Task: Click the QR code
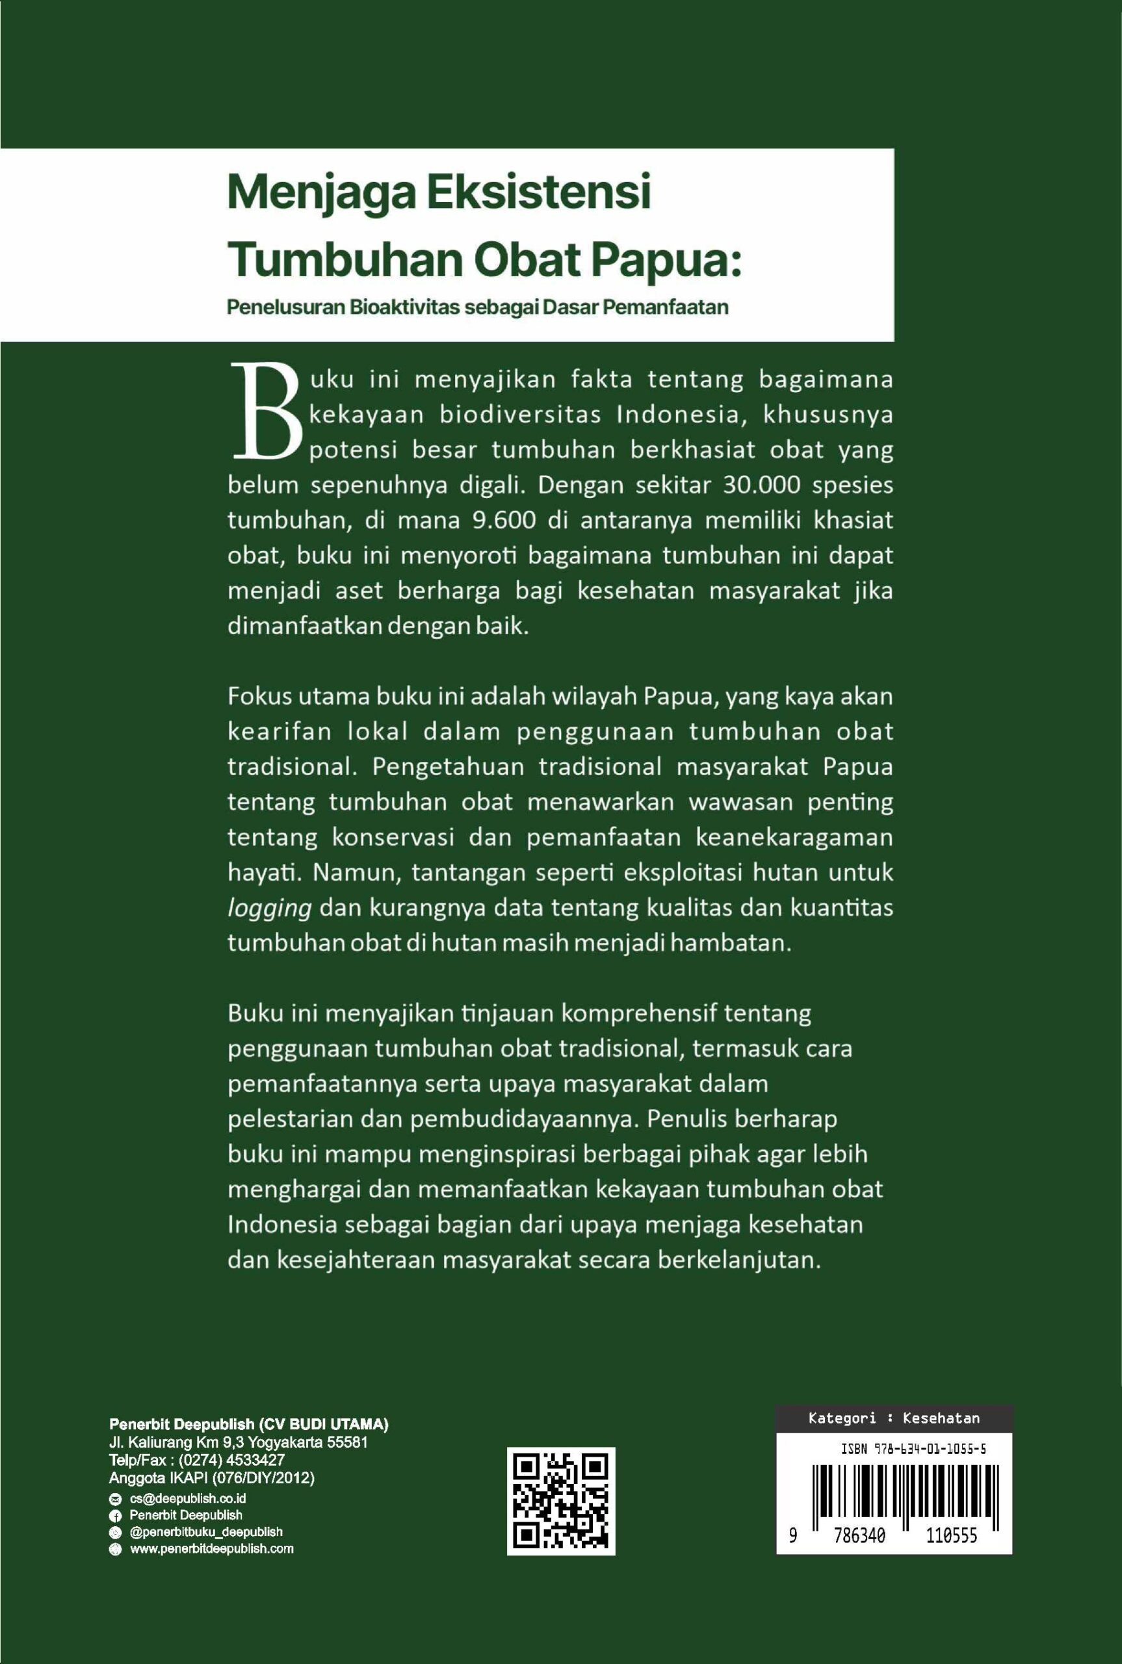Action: (x=561, y=1501)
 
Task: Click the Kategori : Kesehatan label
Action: (x=894, y=1418)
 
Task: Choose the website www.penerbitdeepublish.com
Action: (x=211, y=1549)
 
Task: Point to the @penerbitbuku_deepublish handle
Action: (x=205, y=1531)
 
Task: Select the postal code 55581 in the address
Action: (x=347, y=1442)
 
